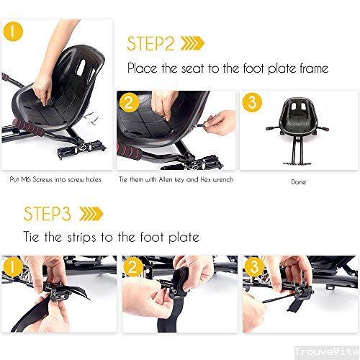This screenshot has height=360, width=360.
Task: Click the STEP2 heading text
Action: coord(150,43)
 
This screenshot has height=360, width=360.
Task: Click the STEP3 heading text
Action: coord(48,214)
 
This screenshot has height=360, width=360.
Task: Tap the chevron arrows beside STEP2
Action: coord(192,44)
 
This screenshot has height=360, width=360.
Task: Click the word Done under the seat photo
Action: coord(298,182)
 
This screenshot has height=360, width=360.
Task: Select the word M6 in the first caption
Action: coord(36,179)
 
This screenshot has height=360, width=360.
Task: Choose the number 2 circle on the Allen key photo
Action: coord(130,103)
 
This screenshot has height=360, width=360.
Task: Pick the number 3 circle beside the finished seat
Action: coord(251,102)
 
